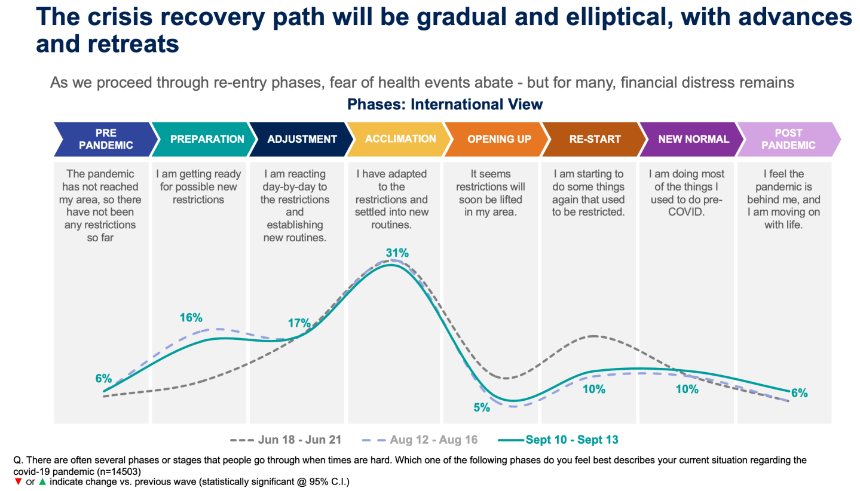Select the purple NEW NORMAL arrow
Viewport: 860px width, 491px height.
[693, 139]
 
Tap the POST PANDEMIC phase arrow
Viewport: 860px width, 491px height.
[788, 139]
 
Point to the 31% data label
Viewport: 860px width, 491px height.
[397, 253]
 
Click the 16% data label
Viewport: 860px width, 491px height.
[191, 318]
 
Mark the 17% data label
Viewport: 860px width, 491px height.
[299, 324]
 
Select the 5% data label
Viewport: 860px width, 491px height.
[482, 408]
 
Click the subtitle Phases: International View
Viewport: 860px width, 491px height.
[445, 105]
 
